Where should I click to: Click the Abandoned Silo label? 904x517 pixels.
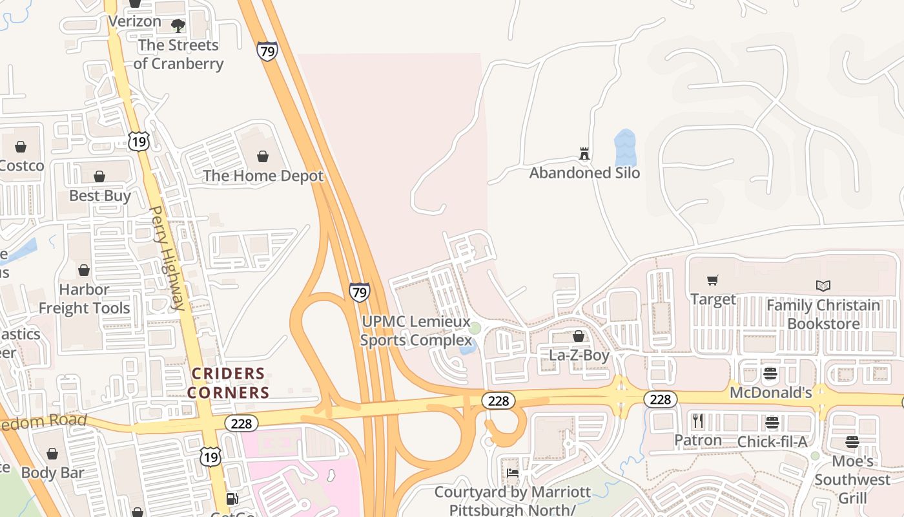coord(584,173)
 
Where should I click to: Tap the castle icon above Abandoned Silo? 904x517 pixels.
coord(584,154)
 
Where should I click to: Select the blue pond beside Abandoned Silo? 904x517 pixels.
coord(624,148)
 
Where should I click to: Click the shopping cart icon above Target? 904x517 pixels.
coord(713,280)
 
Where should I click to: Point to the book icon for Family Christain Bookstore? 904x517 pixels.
coord(823,286)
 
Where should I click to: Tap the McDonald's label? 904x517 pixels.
coord(770,392)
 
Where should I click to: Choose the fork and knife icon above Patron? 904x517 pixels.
coord(697,421)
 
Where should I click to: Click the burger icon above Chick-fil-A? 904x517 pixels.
coord(772,423)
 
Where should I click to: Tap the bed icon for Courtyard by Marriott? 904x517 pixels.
coord(513,473)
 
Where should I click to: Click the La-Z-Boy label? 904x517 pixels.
coord(579,355)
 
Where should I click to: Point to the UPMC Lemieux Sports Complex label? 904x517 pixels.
coord(416,331)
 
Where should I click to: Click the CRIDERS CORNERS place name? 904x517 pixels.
coord(228,383)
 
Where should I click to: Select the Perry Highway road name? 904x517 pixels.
coord(167,258)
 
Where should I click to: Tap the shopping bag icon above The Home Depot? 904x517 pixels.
coord(263,156)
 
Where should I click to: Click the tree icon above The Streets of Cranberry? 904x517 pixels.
coord(178,26)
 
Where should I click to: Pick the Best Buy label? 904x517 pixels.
coord(99,195)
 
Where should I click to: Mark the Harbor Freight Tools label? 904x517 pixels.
coord(84,299)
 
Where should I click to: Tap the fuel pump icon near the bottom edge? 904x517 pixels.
coord(231,499)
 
